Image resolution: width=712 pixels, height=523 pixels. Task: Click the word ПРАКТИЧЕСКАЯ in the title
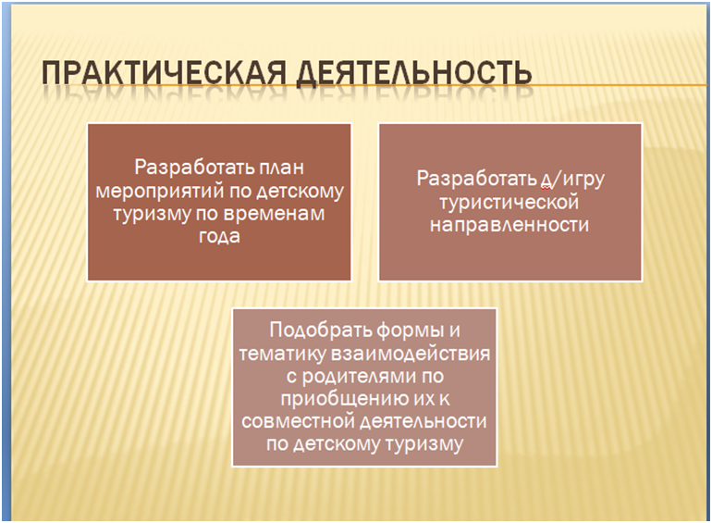click(x=164, y=72)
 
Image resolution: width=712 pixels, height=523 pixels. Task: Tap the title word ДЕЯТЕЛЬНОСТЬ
click(x=413, y=73)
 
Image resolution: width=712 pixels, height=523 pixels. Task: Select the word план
click(x=281, y=168)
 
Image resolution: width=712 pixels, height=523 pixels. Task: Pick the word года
click(x=219, y=237)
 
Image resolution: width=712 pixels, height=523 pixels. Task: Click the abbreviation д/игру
click(x=572, y=180)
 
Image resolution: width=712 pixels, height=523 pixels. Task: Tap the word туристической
click(x=509, y=203)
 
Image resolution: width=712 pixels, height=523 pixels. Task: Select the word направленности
click(x=509, y=225)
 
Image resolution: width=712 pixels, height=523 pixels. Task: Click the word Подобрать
click(x=320, y=330)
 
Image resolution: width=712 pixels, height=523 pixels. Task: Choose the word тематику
click(x=281, y=354)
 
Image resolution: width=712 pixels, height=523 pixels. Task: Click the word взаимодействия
click(x=410, y=354)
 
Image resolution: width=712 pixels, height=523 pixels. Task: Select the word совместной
click(x=298, y=421)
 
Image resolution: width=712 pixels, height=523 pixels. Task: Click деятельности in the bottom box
click(x=424, y=421)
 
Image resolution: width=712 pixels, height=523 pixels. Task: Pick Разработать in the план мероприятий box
click(x=194, y=168)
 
